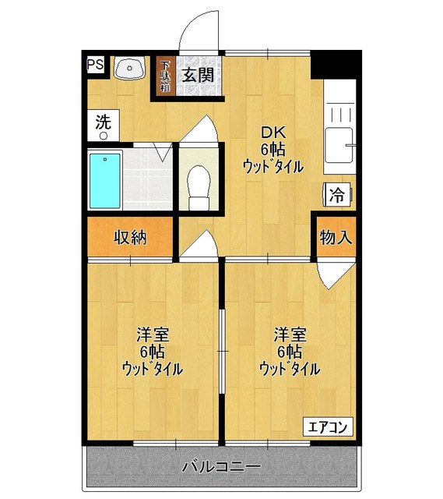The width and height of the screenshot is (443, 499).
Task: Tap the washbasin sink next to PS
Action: coord(128,69)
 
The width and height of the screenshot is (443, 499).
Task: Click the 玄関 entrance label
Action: coord(198,75)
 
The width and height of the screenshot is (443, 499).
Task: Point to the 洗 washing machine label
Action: coord(104,122)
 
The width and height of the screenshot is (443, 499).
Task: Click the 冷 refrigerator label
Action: coord(336,196)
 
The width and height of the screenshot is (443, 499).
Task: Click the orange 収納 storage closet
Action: coord(129,238)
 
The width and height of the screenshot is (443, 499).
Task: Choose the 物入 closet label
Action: coord(336,238)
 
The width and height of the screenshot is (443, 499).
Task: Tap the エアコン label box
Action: coord(328,426)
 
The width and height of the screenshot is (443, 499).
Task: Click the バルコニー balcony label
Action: coord(221,468)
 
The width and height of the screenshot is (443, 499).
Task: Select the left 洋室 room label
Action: coord(153,352)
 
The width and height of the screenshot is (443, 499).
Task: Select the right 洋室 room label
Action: coord(289,352)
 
